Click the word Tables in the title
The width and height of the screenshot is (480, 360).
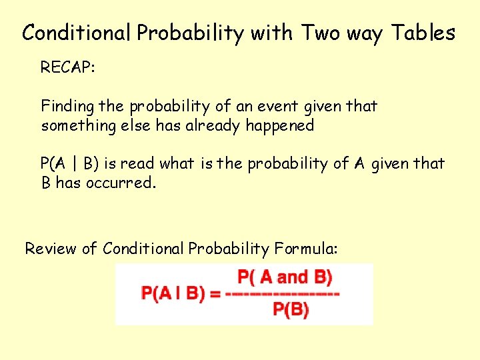(x=423, y=33)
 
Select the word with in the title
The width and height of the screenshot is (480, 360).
(x=272, y=33)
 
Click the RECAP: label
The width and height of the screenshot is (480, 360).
(x=69, y=67)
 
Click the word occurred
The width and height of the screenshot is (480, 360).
(x=121, y=183)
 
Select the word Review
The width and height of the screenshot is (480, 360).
(x=51, y=249)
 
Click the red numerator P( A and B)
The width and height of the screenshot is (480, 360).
(x=285, y=277)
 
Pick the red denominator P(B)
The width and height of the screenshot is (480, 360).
(x=291, y=310)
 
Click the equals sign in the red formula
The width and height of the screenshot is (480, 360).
(x=215, y=294)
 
